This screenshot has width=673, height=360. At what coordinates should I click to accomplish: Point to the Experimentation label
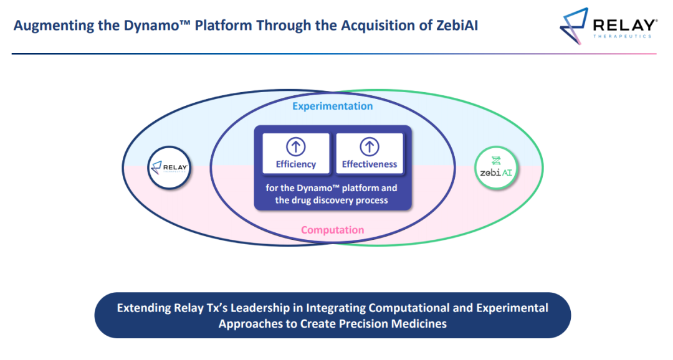(x=333, y=106)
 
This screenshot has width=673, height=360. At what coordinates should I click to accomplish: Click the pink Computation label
(x=333, y=230)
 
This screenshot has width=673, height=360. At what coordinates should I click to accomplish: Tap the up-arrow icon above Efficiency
(x=296, y=147)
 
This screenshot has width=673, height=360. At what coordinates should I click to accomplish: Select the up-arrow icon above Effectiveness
(x=370, y=147)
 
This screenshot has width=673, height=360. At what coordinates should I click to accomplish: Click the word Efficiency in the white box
(x=296, y=164)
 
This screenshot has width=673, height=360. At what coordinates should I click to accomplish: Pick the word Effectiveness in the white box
(x=370, y=164)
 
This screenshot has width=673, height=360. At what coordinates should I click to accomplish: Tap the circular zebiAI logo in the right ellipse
(x=496, y=167)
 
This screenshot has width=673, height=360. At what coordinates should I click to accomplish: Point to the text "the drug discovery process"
(x=332, y=200)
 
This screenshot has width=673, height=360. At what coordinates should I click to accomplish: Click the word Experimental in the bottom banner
(x=512, y=308)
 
